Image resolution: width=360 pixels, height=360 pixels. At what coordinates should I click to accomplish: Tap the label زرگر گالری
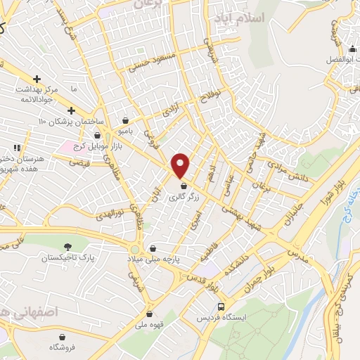(184, 198)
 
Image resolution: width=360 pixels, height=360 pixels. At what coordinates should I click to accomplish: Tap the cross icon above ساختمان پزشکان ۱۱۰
(71, 110)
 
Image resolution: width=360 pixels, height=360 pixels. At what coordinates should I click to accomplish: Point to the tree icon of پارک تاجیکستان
(68, 246)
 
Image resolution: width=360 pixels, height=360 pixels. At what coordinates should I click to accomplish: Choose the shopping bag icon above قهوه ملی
(149, 314)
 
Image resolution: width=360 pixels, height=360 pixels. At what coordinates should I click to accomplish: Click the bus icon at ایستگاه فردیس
(221, 307)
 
